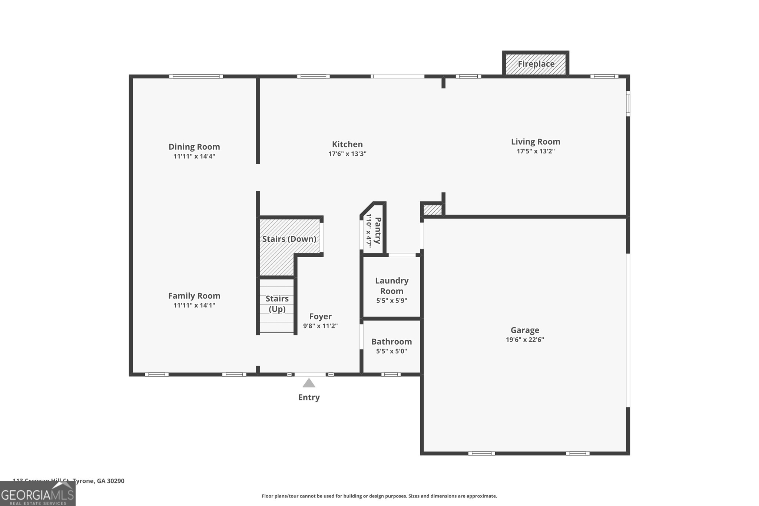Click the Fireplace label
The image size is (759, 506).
pyautogui.click(x=536, y=64)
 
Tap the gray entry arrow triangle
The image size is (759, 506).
pyautogui.click(x=309, y=383)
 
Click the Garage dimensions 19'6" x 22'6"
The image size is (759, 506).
pyautogui.click(x=525, y=340)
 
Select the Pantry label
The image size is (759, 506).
pyautogui.click(x=378, y=231)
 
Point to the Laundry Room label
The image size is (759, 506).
pyautogui.click(x=392, y=286)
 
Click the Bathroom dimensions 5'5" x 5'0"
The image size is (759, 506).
pyautogui.click(x=392, y=351)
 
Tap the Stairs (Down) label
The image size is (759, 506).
pyautogui.click(x=289, y=239)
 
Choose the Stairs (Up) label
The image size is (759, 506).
pyautogui.click(x=277, y=304)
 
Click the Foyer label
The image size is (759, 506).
pyautogui.click(x=320, y=316)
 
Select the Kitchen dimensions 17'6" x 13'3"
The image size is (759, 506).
pyautogui.click(x=347, y=154)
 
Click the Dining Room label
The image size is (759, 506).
pyautogui.click(x=194, y=147)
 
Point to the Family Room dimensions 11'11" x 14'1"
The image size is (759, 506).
pyautogui.click(x=194, y=305)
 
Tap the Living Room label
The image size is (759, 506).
pyautogui.click(x=536, y=142)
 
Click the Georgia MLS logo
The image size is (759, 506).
pyautogui.click(x=37, y=494)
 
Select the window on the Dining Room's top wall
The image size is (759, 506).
pyautogui.click(x=196, y=76)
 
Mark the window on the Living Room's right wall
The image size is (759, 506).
pyautogui.click(x=628, y=104)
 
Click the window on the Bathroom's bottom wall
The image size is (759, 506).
pyautogui.click(x=391, y=374)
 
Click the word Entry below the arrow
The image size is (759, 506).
pyautogui.click(x=309, y=397)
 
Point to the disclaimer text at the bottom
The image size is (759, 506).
pyautogui.click(x=379, y=496)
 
